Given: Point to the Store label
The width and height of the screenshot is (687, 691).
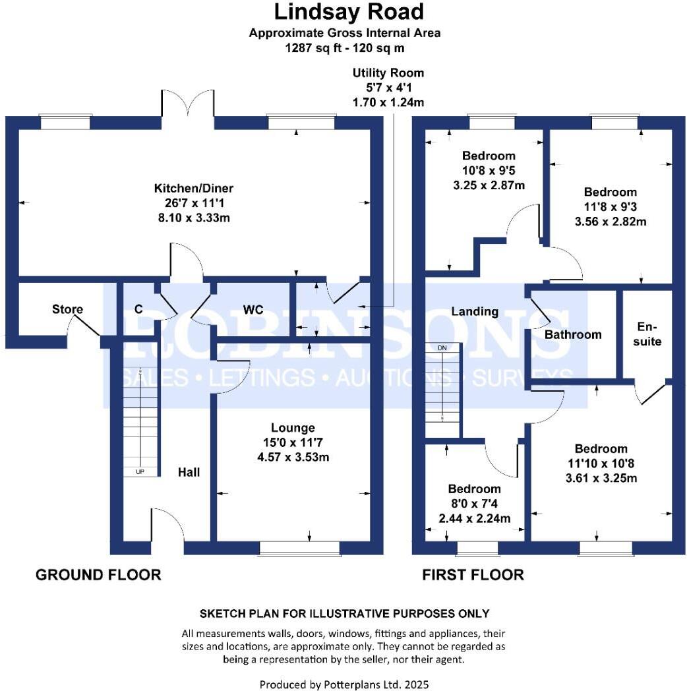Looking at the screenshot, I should click(67, 309).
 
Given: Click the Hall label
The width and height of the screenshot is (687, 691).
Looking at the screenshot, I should click(189, 472).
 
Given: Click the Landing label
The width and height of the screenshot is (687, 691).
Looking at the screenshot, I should click(475, 311).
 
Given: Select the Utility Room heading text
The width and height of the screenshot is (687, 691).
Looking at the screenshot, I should click(388, 73).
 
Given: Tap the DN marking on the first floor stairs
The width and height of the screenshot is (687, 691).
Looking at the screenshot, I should click(442, 347).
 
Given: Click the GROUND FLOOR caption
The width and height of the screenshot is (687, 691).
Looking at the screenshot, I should click(98, 575).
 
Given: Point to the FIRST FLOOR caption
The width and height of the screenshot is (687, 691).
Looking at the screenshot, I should click(473, 575).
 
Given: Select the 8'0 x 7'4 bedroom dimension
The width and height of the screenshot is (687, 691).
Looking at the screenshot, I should click(475, 504).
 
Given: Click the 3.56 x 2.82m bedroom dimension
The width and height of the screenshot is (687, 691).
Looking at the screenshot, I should click(611, 222).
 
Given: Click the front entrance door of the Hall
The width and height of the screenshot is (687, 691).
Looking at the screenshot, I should click(169, 524).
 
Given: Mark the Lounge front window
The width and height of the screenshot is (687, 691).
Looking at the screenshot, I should click(299, 549).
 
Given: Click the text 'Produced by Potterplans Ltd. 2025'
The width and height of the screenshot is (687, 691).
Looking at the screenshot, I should click(344, 684).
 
